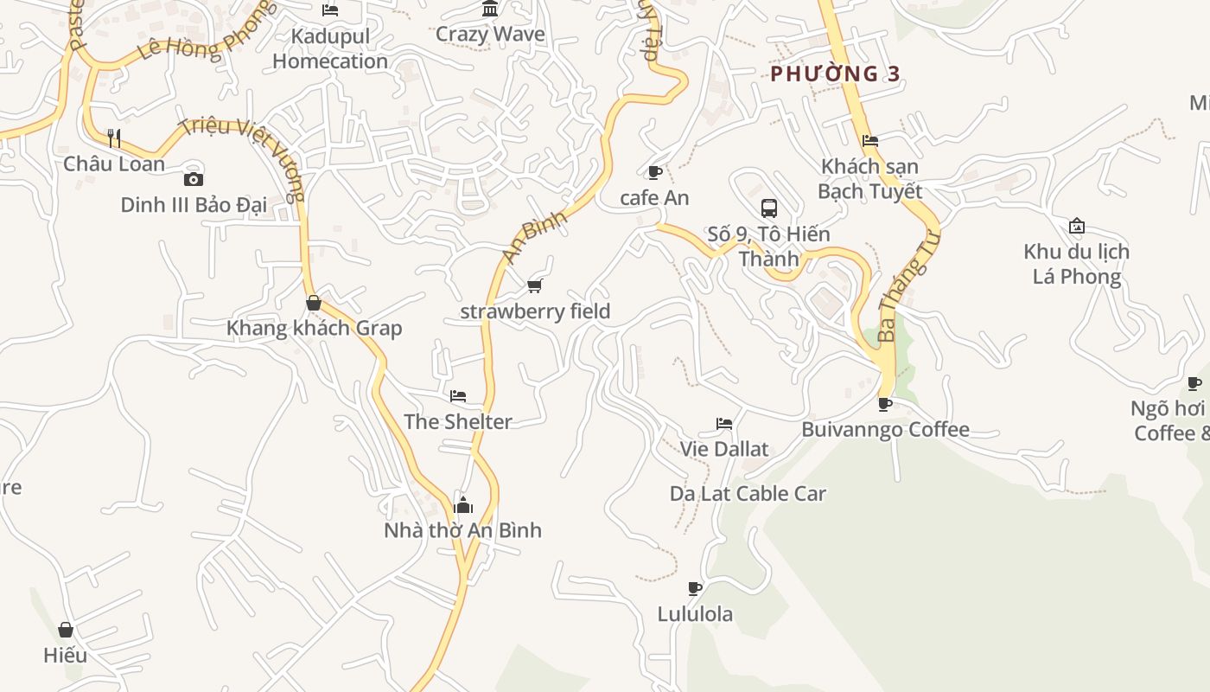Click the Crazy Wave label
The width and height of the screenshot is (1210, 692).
pos(490,35)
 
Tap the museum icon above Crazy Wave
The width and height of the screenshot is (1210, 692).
pos(491,10)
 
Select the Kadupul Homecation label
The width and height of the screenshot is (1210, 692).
pos(330,48)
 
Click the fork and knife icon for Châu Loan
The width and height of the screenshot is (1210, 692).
pos(113,138)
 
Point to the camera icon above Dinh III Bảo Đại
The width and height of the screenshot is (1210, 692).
pos(194,179)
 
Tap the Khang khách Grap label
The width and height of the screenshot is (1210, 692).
pos(314,329)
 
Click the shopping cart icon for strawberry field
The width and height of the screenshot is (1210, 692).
pos(535,285)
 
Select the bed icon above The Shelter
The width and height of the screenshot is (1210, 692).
pos(458,396)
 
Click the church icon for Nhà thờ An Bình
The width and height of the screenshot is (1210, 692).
pos(463,505)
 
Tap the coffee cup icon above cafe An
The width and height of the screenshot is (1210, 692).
pos(655,172)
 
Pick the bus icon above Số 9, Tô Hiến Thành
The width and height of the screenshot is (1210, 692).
pos(769,208)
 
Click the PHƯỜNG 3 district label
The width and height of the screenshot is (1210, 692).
pos(835,74)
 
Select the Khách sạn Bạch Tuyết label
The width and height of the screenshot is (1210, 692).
pos(870,178)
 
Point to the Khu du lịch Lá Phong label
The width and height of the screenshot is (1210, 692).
pos(1076,264)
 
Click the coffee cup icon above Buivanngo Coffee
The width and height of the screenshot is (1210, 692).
pos(885,404)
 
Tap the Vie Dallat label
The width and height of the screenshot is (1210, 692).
pos(724,449)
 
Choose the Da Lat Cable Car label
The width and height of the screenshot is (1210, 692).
pos(748,494)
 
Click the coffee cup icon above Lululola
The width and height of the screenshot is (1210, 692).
pos(695,589)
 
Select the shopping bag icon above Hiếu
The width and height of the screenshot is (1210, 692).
pos(66,630)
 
